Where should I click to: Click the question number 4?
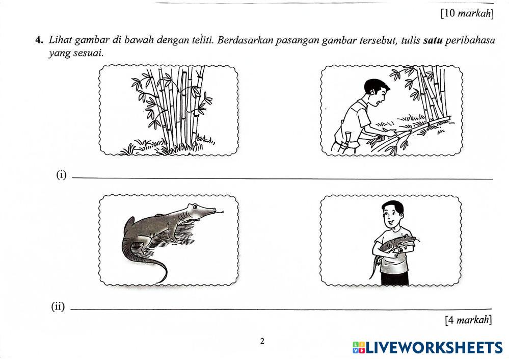pyautogui.click(x=39, y=40)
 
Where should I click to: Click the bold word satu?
pyautogui.click(x=433, y=41)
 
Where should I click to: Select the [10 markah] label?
pyautogui.click(x=467, y=14)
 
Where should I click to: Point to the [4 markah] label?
pyautogui.click(x=469, y=320)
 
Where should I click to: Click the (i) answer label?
pyautogui.click(x=61, y=175)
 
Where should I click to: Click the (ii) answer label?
pyautogui.click(x=58, y=306)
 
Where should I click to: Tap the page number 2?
pyautogui.click(x=262, y=341)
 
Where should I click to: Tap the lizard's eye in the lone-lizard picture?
pyautogui.click(x=194, y=207)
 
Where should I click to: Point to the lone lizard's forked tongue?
pyautogui.click(x=220, y=213)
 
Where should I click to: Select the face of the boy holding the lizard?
pyautogui.click(x=393, y=217)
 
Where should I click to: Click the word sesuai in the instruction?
pyautogui.click(x=88, y=53)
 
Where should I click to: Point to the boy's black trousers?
pyautogui.click(x=394, y=279)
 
